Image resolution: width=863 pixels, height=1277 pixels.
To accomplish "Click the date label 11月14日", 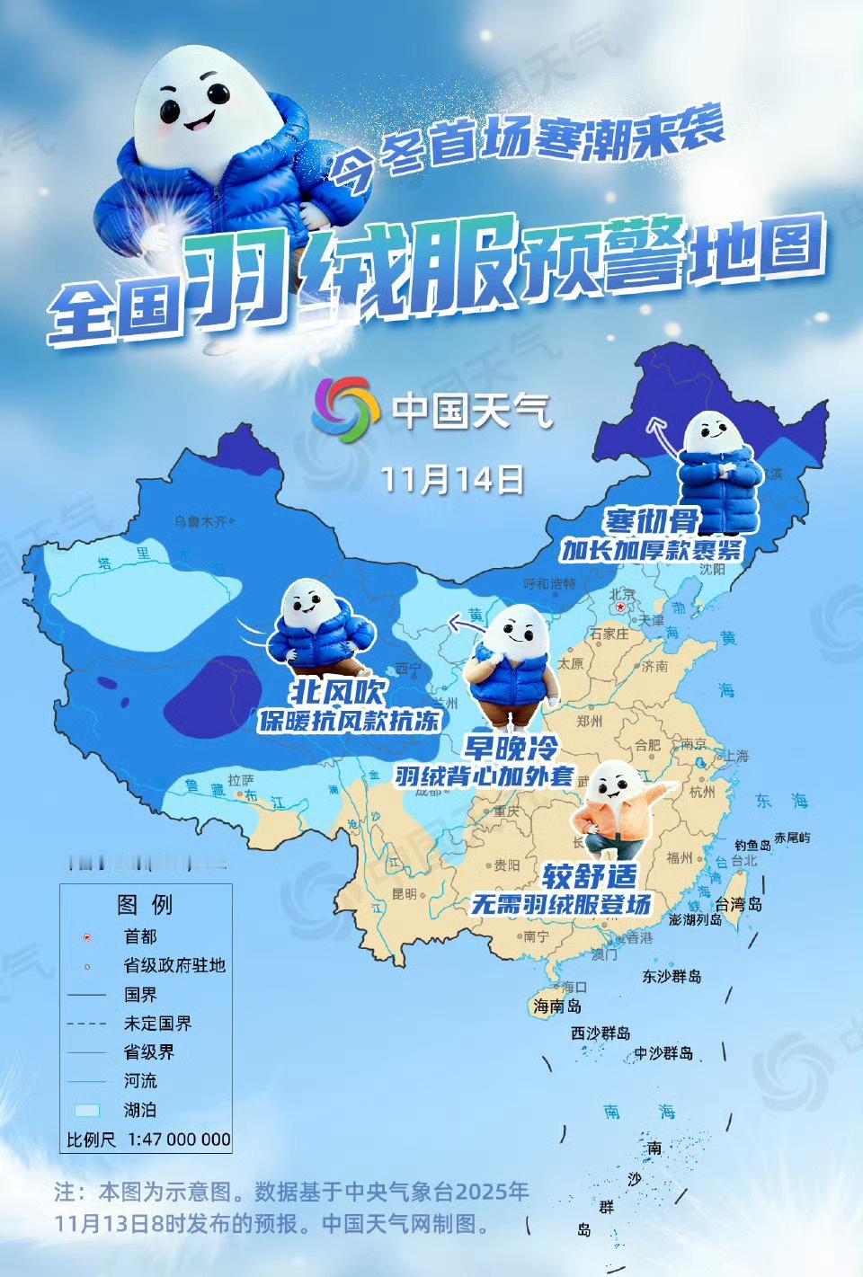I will [x=452, y=479].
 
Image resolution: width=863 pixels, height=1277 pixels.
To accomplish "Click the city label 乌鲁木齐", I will [x=200, y=521].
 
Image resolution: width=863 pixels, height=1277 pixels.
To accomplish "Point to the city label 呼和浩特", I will [x=549, y=584].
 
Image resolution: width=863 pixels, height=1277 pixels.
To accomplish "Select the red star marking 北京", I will [x=620, y=607].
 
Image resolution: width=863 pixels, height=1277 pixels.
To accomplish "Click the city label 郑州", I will [x=589, y=721].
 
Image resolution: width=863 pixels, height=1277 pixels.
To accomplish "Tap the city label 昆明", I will [x=404, y=894].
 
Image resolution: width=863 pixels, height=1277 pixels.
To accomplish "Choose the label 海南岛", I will [x=557, y=1006].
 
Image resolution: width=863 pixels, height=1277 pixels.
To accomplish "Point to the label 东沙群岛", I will [x=672, y=976].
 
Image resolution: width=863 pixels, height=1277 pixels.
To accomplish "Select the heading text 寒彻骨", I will [x=651, y=520].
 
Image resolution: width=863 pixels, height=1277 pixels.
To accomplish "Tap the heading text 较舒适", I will [x=589, y=875].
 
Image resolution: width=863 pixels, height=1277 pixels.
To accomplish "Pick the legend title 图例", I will [x=145, y=904].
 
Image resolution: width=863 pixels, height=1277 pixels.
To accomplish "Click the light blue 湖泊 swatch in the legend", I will [x=86, y=1110].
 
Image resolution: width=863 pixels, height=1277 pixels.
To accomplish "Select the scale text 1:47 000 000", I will [x=179, y=1140].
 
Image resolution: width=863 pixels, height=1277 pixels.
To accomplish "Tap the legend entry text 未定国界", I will [x=157, y=1024].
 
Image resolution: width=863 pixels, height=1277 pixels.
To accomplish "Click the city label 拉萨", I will [x=241, y=780].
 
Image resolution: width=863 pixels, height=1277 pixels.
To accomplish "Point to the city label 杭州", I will [x=702, y=792].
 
